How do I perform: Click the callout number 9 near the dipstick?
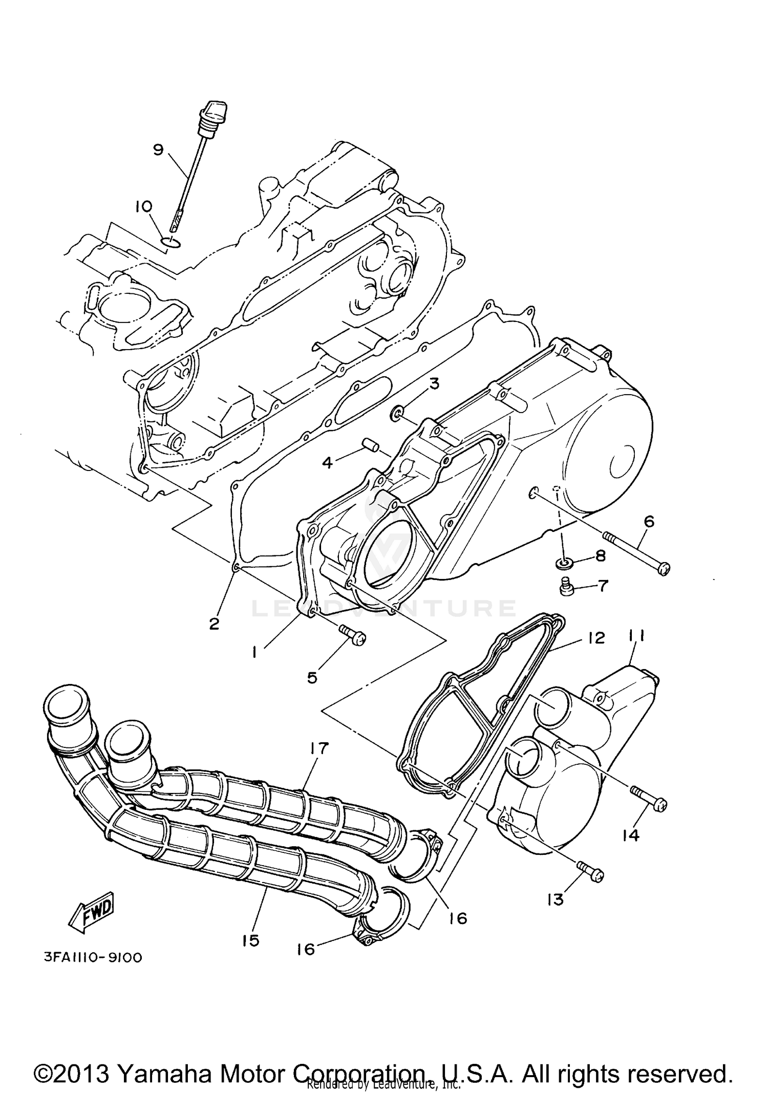158,149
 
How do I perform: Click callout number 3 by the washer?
434,383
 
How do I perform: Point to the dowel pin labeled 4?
370,443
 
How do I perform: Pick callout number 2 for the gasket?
214,624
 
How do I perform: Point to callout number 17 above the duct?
318,748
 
